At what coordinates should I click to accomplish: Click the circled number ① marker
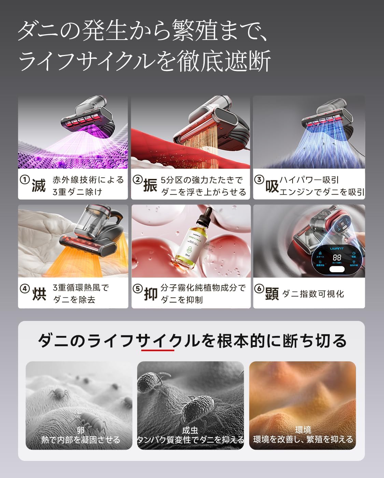click(24, 180)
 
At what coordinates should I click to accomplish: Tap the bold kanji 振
click(150, 186)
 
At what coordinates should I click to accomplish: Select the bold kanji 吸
click(272, 186)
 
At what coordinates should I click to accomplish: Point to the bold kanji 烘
click(39, 294)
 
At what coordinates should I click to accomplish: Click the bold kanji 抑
click(150, 294)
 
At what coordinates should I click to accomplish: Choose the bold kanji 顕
click(272, 294)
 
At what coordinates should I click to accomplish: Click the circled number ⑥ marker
click(259, 289)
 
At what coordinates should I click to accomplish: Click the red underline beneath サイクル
click(157, 350)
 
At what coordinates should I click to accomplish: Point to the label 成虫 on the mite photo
click(190, 430)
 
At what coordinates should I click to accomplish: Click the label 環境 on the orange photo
click(303, 430)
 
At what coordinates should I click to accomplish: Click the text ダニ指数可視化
click(313, 294)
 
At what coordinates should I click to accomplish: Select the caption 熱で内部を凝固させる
click(81, 440)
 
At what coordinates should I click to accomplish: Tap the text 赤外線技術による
click(88, 180)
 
